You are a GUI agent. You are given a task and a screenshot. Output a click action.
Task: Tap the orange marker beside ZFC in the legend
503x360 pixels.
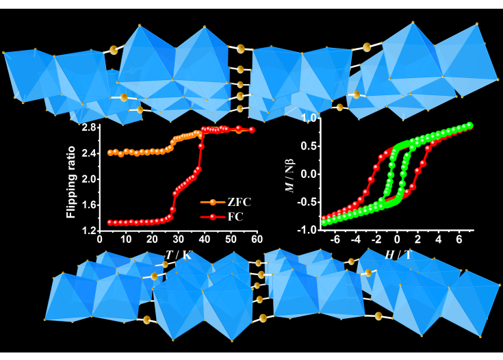[211, 203]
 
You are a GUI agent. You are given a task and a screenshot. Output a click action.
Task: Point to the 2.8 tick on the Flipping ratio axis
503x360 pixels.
[88, 128]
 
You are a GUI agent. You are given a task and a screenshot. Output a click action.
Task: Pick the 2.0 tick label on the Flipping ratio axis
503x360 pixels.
[88, 179]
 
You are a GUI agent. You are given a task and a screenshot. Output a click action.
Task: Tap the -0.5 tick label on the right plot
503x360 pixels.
[309, 203]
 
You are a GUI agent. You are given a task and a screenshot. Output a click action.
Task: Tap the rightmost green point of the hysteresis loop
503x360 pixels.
[470, 125]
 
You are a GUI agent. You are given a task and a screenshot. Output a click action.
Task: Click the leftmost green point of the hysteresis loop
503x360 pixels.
[324, 223]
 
